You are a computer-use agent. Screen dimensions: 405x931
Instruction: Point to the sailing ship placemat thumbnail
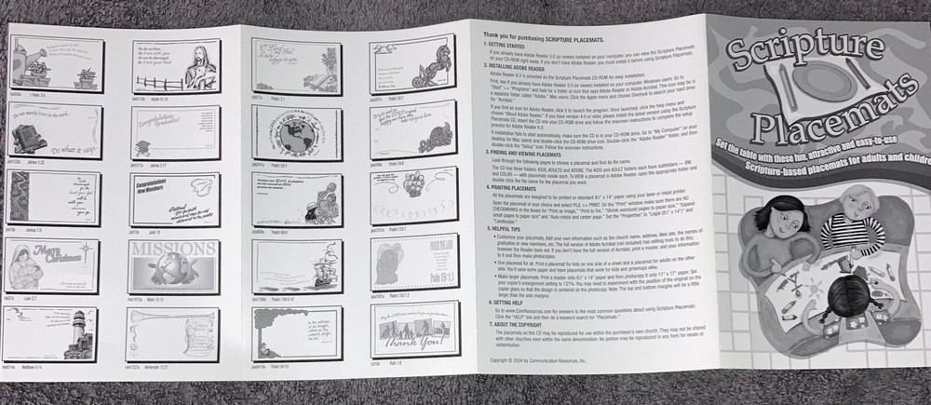tap(291, 266)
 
